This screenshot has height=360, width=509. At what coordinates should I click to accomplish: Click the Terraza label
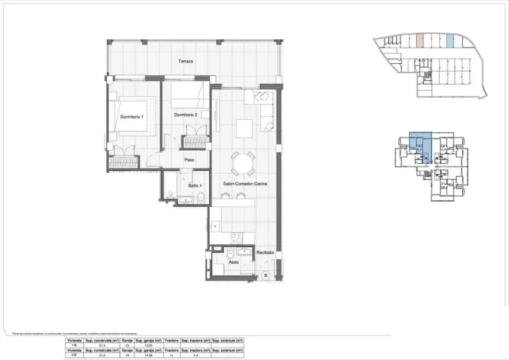[x=185, y=61]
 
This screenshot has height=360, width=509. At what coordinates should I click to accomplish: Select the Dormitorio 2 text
[x=186, y=115]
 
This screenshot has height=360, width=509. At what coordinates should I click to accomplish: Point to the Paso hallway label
[x=188, y=160]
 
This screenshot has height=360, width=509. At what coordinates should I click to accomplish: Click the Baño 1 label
[x=195, y=185]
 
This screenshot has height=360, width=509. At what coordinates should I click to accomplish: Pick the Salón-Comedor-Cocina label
[x=245, y=185]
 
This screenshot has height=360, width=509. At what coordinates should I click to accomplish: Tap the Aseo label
[x=234, y=262]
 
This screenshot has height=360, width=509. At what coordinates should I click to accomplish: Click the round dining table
[x=244, y=162]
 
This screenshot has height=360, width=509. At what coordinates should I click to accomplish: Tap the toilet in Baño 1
[x=200, y=199]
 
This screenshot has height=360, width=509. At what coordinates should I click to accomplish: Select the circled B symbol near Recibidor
[x=265, y=275]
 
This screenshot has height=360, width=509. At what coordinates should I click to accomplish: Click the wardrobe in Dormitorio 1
[x=122, y=161]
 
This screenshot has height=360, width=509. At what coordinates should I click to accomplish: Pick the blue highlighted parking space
[x=451, y=41]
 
